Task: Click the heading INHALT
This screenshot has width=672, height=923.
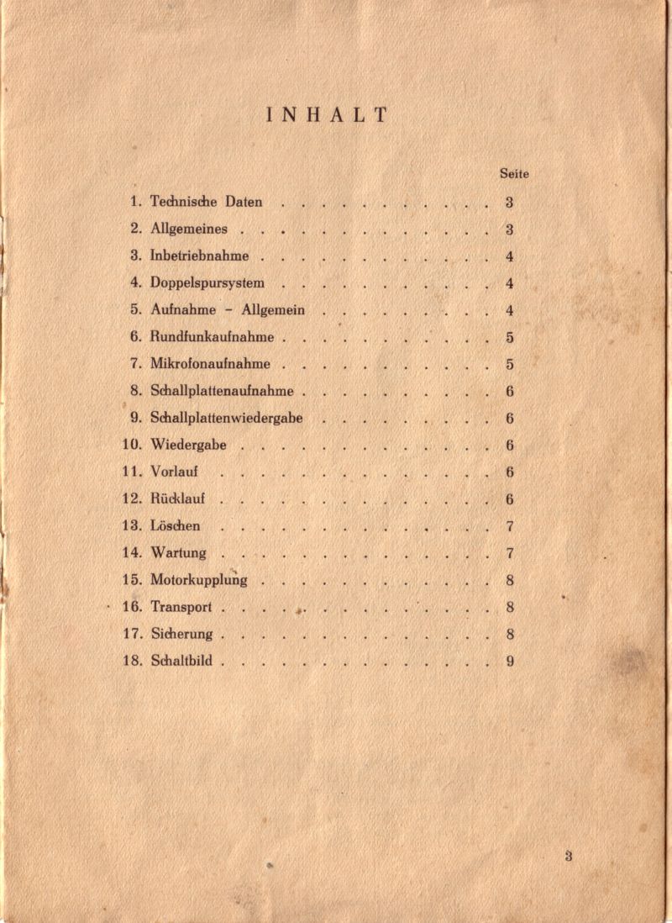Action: click(x=328, y=116)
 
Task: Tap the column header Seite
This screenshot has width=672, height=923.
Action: click(x=513, y=174)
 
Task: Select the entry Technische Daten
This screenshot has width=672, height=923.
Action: click(x=206, y=202)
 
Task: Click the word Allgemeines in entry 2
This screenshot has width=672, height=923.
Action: click(x=189, y=229)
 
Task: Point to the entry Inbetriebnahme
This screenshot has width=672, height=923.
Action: click(x=199, y=256)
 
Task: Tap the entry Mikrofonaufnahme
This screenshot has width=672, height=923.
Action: click(x=210, y=364)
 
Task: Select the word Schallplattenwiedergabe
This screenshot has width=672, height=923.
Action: click(x=227, y=418)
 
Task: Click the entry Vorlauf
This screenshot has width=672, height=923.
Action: click(x=174, y=472)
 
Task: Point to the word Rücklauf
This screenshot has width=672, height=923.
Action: click(x=178, y=498)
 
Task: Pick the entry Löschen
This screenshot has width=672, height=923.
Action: click(x=176, y=525)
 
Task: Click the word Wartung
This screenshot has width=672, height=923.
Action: click(x=178, y=553)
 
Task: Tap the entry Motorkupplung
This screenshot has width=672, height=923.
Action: click(x=198, y=580)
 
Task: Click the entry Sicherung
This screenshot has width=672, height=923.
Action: click(x=181, y=634)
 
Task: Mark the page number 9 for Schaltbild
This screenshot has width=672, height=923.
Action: click(x=510, y=661)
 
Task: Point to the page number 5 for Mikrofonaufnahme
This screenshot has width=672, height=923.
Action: click(x=510, y=364)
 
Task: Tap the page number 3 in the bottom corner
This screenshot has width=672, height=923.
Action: click(x=569, y=857)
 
